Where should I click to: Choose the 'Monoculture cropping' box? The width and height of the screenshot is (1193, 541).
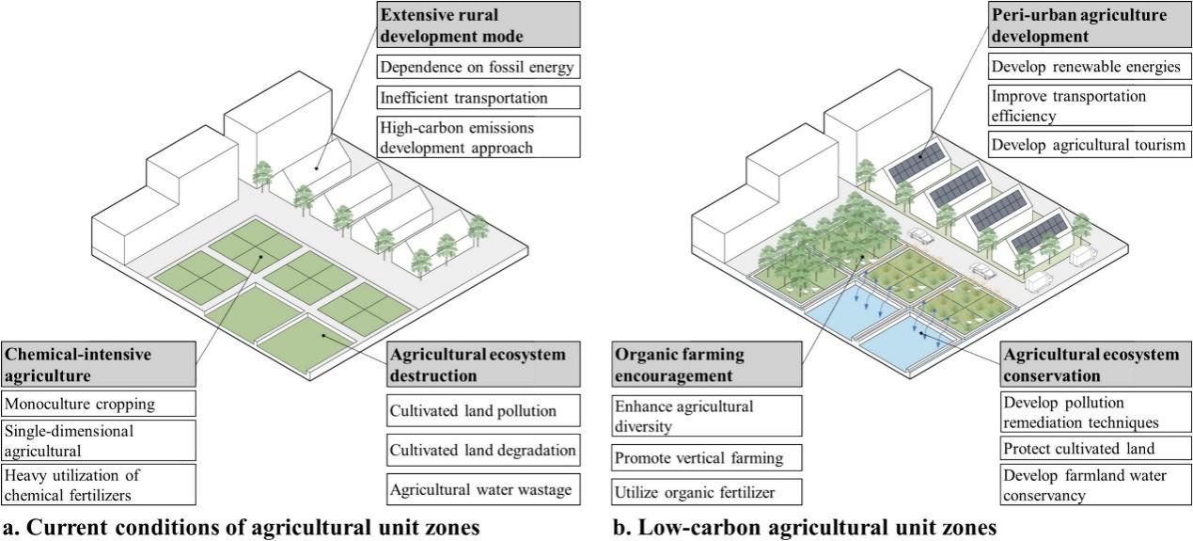[99, 405]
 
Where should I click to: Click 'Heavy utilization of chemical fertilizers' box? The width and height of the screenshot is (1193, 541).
[99, 484]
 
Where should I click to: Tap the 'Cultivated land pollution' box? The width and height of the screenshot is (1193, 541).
[481, 411]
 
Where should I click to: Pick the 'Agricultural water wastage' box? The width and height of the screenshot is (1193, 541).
[481, 489]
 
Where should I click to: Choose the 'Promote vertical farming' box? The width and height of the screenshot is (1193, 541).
[707, 458]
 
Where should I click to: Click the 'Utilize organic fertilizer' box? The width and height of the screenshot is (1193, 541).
[707, 490]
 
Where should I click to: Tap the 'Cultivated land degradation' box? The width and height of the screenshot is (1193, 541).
[481, 450]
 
